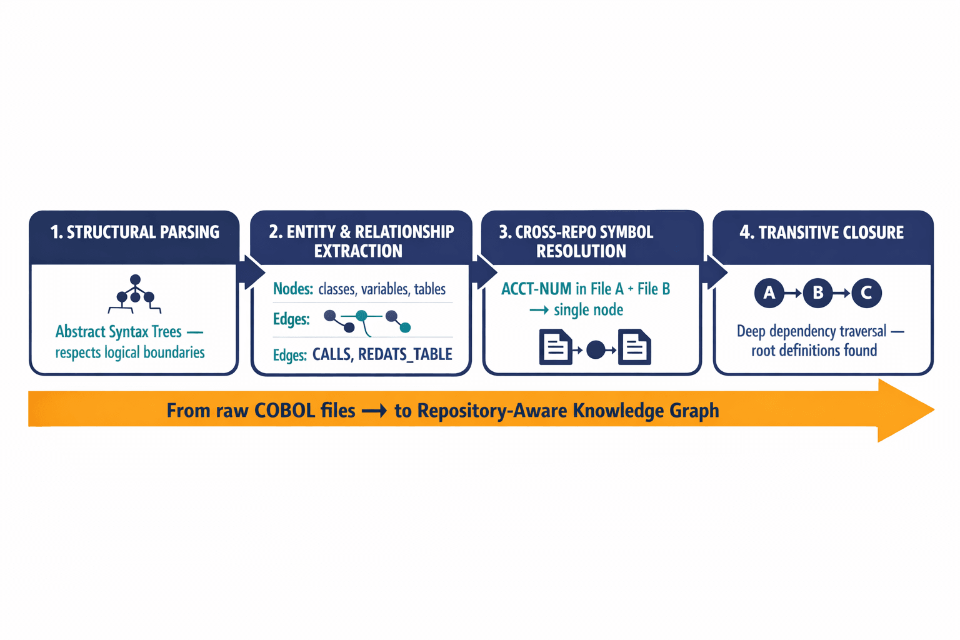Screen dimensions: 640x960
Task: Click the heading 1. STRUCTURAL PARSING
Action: pyautogui.click(x=134, y=232)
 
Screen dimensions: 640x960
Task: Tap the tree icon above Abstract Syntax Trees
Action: pyautogui.click(x=135, y=294)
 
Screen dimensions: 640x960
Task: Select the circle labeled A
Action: pyautogui.click(x=769, y=292)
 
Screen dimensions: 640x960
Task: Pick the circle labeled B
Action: pyautogui.click(x=817, y=292)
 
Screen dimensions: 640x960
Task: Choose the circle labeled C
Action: pyautogui.click(x=866, y=292)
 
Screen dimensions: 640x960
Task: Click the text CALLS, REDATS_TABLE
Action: pyautogui.click(x=382, y=354)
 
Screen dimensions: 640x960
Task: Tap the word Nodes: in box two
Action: pyautogui.click(x=292, y=289)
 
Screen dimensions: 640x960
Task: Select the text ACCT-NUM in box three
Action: pyautogui.click(x=536, y=289)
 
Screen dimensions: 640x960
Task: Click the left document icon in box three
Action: pyautogui.click(x=555, y=347)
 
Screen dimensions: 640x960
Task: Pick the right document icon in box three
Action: pyautogui.click(x=634, y=347)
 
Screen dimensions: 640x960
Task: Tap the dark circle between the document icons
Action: pyautogui.click(x=596, y=349)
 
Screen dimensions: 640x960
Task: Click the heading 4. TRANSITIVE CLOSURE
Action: pyautogui.click(x=822, y=232)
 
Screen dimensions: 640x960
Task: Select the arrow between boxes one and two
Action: pyautogui.click(x=252, y=272)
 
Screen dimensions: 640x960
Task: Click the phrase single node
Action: pyautogui.click(x=588, y=310)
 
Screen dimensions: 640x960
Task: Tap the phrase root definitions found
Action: pyautogui.click(x=814, y=351)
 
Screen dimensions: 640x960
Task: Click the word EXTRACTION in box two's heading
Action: pyautogui.click(x=358, y=251)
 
